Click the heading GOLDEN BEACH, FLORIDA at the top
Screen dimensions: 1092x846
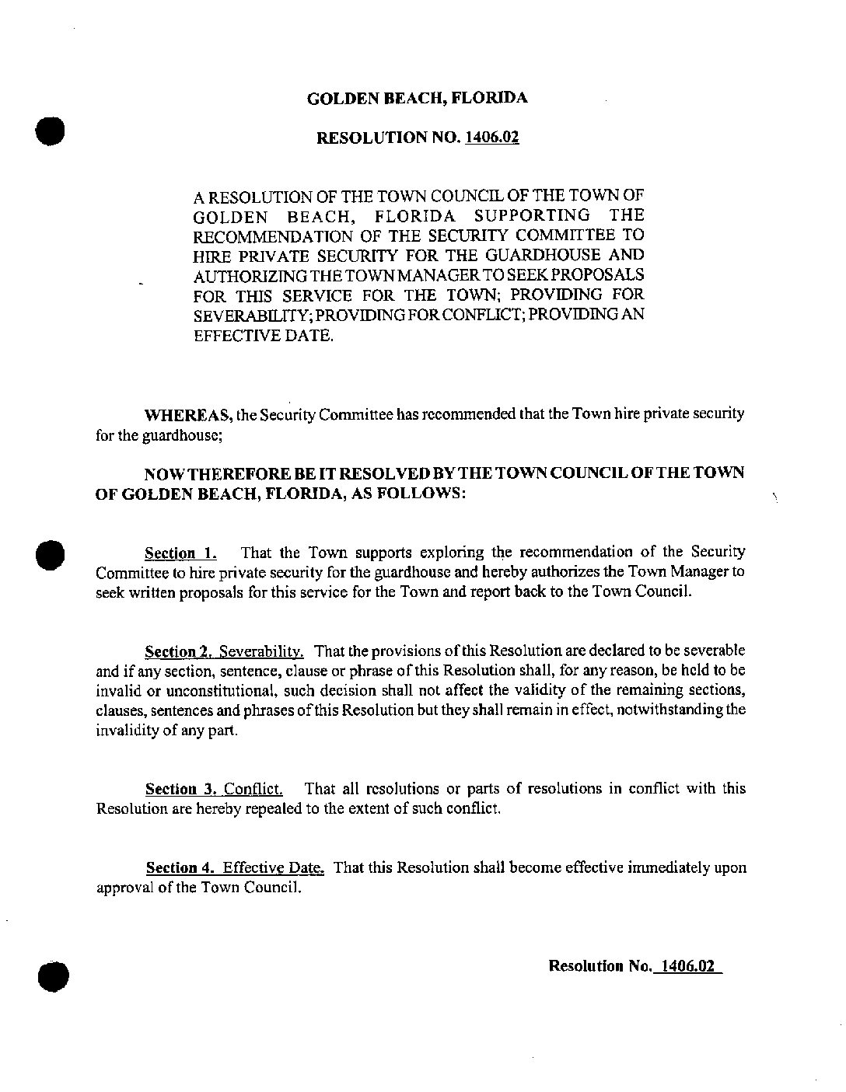(x=418, y=99)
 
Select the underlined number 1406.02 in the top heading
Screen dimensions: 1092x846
(x=491, y=138)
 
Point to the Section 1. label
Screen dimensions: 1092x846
(x=180, y=553)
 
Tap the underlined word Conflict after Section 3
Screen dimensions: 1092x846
(x=253, y=790)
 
